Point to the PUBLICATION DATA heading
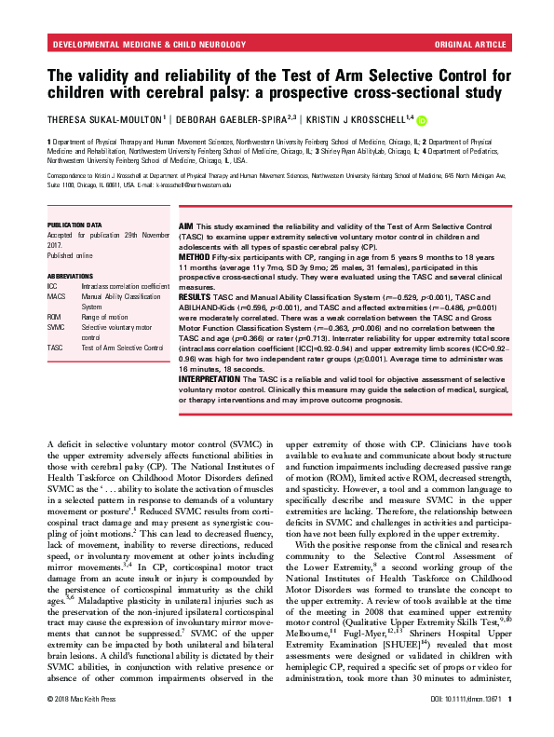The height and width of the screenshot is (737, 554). point(74,225)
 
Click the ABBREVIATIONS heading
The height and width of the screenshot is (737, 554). point(70,277)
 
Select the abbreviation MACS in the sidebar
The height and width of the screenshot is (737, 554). point(57,295)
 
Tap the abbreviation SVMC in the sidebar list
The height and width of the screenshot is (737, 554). point(57,328)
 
